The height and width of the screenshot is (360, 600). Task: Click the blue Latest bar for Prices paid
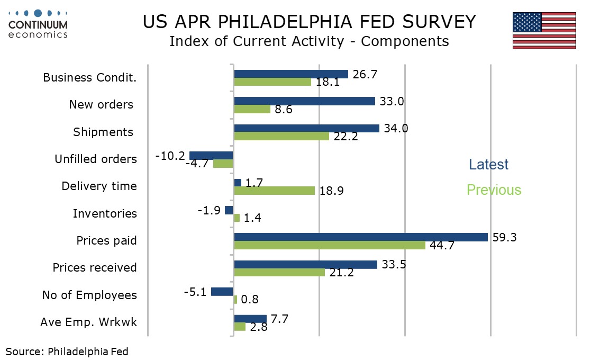coord(360,237)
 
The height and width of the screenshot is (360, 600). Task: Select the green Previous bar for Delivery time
coord(274,191)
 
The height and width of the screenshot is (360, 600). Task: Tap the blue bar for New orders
coord(304,101)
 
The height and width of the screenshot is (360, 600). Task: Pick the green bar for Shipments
coord(281,136)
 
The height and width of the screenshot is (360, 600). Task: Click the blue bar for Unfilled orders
coord(211,156)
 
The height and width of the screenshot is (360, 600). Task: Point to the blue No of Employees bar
coord(222,291)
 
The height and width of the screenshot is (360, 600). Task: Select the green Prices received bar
coord(279,272)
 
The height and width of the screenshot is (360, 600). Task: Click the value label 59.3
coord(504,237)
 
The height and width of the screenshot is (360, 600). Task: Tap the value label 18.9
coord(331,191)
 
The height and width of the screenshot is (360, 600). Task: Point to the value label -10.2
coord(170,156)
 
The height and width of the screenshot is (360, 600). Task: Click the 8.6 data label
coord(284,110)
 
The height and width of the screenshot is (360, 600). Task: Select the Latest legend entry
coord(488,165)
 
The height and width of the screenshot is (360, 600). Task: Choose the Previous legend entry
coord(494,190)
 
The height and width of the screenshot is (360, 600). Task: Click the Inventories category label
coord(105,214)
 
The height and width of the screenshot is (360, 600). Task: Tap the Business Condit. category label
coord(89,78)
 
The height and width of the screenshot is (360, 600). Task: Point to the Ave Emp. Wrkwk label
coord(88,322)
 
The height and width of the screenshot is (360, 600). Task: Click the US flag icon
coord(544,31)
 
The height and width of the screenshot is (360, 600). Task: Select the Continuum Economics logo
coord(38,24)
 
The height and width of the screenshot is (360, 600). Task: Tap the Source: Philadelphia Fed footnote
coord(67,351)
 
